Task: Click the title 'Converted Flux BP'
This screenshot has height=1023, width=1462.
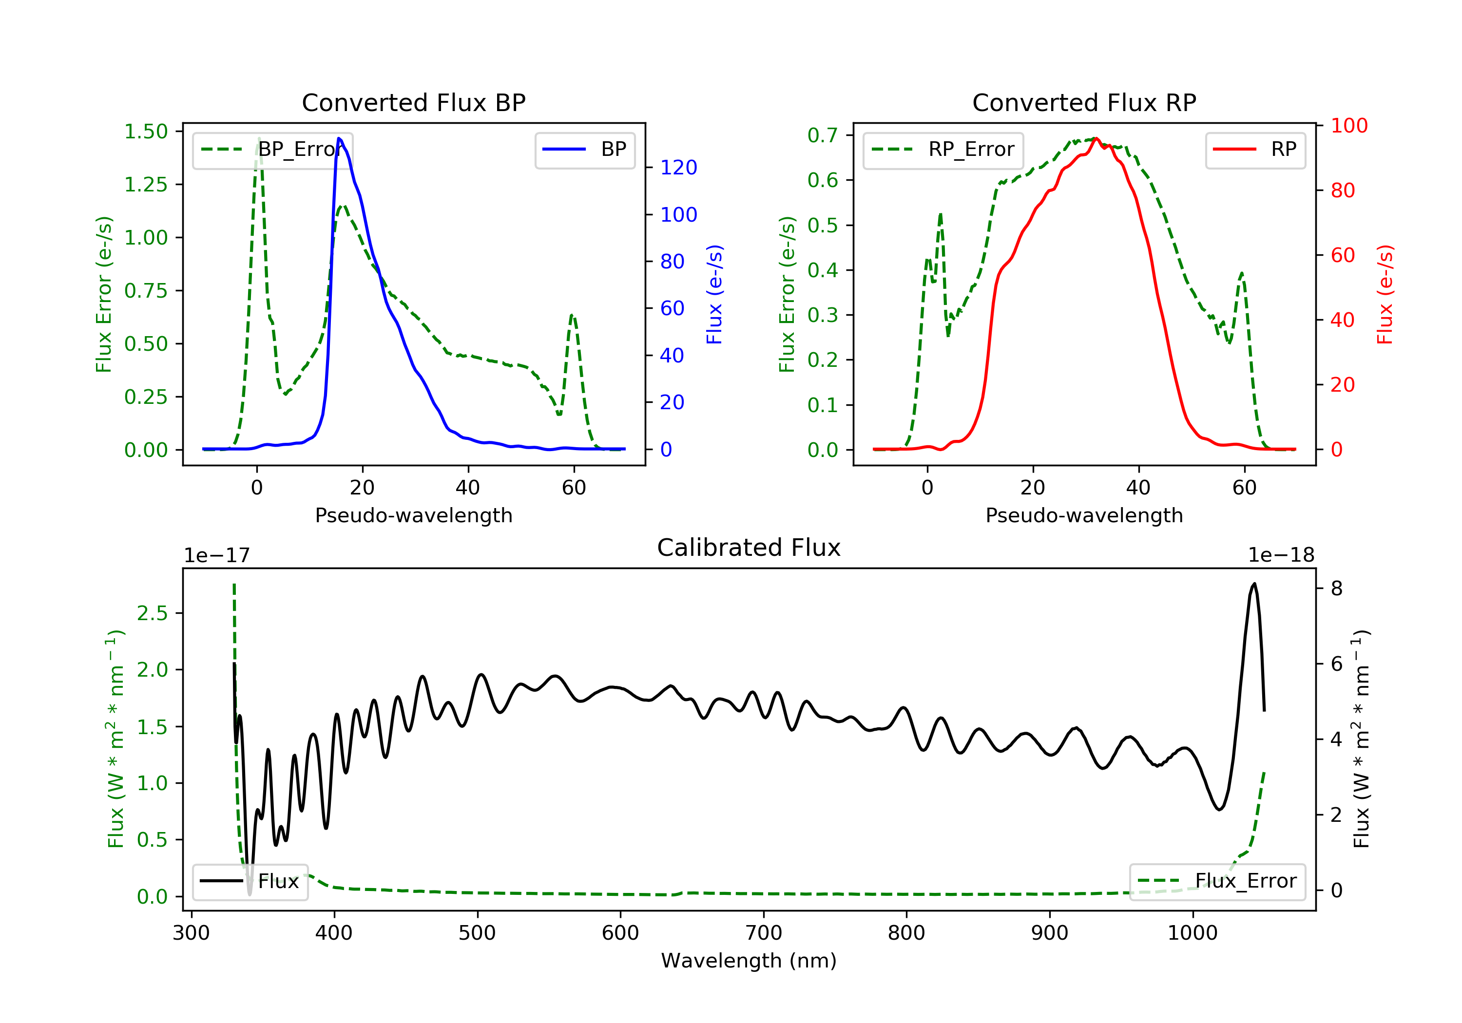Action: tap(413, 102)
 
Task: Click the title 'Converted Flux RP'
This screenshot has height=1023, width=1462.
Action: tap(1084, 102)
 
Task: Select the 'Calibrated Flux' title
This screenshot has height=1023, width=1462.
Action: tap(749, 548)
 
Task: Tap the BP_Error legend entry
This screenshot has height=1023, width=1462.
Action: tap(272, 150)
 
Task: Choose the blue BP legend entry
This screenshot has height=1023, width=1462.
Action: tap(584, 150)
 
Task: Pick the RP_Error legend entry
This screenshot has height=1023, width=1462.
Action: tap(943, 150)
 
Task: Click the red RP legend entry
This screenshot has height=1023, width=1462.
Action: tap(1255, 150)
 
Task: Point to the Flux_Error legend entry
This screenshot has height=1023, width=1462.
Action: tap(1217, 881)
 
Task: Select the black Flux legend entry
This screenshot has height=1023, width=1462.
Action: tap(250, 881)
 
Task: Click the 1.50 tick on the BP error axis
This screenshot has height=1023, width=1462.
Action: tap(146, 132)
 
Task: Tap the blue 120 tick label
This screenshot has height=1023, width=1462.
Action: tap(679, 168)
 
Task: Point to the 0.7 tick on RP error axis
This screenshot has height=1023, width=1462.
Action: tap(823, 135)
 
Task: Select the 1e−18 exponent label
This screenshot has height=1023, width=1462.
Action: tap(1281, 555)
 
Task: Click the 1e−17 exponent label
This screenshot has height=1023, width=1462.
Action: tap(217, 555)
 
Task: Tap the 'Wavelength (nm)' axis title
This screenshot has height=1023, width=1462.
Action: tap(749, 961)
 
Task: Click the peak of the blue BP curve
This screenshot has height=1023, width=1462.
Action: tap(339, 138)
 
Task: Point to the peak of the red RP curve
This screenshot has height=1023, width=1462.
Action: tap(1096, 138)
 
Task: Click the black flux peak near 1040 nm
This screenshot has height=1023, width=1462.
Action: tap(1254, 583)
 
